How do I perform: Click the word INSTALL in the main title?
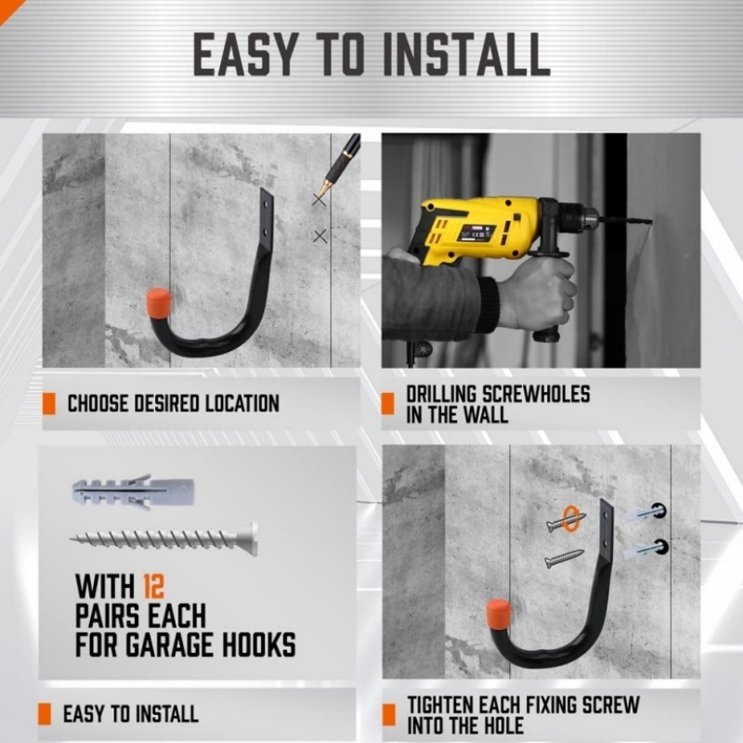[467, 55]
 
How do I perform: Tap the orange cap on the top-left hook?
[159, 304]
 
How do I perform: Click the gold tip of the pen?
[324, 188]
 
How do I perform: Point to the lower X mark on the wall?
[320, 236]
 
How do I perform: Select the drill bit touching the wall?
[625, 220]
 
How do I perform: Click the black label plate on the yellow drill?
[476, 233]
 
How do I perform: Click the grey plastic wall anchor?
[133, 492]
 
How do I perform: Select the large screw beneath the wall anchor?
[164, 540]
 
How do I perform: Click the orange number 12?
[153, 587]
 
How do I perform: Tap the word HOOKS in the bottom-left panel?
[259, 645]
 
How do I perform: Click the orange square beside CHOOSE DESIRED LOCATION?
[49, 404]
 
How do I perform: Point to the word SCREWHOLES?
[536, 394]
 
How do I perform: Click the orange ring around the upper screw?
[570, 519]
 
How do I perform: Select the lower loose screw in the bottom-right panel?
[564, 558]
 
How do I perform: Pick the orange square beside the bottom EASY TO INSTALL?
[45, 714]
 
